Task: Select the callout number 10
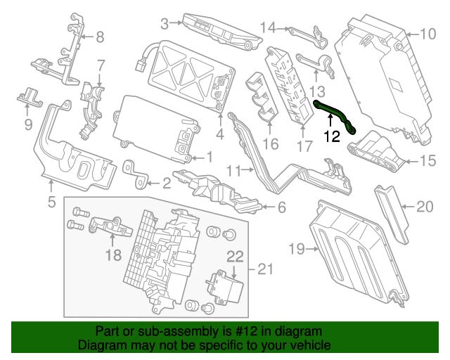tap(428, 33)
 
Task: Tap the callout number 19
tap(296, 248)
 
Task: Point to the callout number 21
tap(264, 269)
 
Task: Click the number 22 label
tap(234, 257)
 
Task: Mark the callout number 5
tap(51, 204)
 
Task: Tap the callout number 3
tap(165, 25)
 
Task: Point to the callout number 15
tap(428, 161)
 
